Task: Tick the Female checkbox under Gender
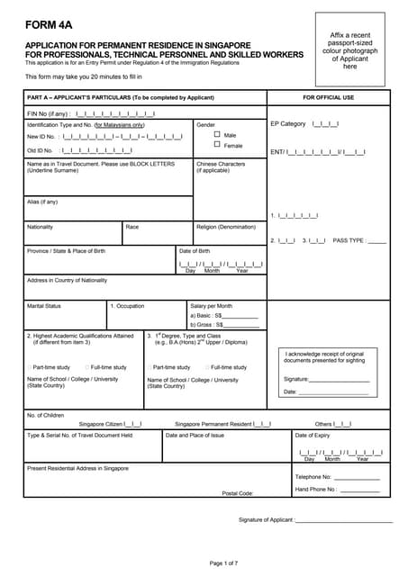coord(217,144)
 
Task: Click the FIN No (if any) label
coord(49,113)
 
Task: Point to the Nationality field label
coord(41,227)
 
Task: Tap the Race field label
coord(132,227)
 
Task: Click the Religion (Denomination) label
coord(226,227)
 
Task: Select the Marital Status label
coord(44,306)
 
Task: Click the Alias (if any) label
coord(42,202)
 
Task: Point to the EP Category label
coord(288,123)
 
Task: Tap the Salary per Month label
coord(211,306)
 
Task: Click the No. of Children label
coord(46,415)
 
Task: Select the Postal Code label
coord(238,493)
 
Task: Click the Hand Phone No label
coord(316,490)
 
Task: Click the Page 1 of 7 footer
coord(223,562)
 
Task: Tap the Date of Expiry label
coord(313,435)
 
